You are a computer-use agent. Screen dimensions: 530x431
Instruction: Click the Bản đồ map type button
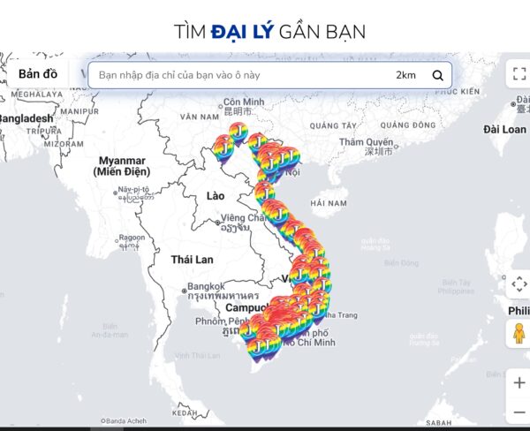(38, 73)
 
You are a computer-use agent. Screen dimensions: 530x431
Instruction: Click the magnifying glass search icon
(437, 75)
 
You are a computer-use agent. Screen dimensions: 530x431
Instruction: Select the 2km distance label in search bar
(405, 75)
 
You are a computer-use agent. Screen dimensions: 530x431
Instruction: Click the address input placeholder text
(179, 75)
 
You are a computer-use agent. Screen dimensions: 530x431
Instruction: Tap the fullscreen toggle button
(518, 75)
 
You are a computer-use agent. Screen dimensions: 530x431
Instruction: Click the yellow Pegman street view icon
(518, 334)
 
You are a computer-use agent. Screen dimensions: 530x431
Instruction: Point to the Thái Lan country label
(193, 260)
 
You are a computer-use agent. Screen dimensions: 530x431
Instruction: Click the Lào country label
(216, 194)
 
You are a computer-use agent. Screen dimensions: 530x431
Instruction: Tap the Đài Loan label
(504, 129)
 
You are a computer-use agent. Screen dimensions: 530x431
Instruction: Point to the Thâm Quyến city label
(366, 141)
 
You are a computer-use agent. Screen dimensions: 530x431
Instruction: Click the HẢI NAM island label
(329, 203)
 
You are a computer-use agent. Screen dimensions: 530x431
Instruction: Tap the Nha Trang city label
(341, 314)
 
